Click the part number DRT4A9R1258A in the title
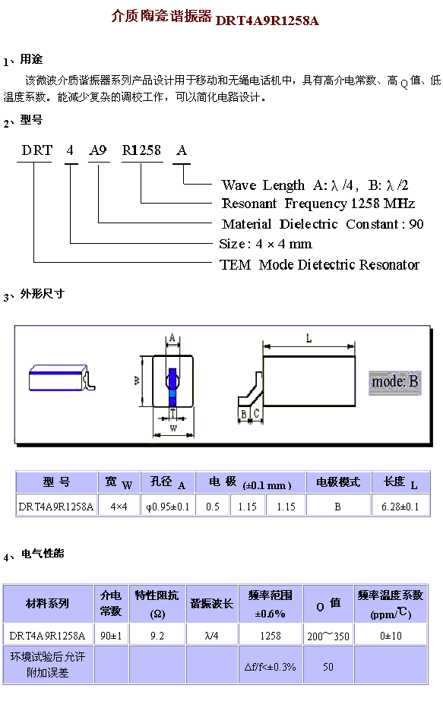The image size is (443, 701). pyautogui.click(x=267, y=20)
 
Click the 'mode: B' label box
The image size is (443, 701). pyautogui.click(x=394, y=382)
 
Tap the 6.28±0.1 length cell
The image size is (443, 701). pyautogui.click(x=400, y=507)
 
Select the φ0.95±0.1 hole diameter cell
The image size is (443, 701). pyautogui.click(x=168, y=507)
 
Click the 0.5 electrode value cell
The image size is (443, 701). pyautogui.click(x=213, y=507)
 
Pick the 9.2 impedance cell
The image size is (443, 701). pyautogui.click(x=157, y=636)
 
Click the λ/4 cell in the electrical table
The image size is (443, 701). pyautogui.click(x=212, y=636)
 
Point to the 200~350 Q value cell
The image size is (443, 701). pyautogui.click(x=328, y=636)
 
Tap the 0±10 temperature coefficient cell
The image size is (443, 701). pyautogui.click(x=391, y=636)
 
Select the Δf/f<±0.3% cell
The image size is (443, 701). pyautogui.click(x=271, y=667)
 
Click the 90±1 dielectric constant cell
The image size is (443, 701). pyautogui.click(x=111, y=636)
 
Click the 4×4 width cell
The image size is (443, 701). pyautogui.click(x=119, y=507)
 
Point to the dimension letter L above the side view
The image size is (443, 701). pyautogui.click(x=309, y=339)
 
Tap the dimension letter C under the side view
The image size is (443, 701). pyautogui.click(x=256, y=413)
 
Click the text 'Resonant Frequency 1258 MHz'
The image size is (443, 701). pyautogui.click(x=318, y=204)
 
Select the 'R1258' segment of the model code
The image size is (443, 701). pyautogui.click(x=141, y=150)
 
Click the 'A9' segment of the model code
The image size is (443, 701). pyautogui.click(x=97, y=150)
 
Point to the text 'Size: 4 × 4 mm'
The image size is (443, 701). pyautogui.click(x=265, y=244)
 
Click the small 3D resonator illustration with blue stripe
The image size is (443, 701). pyautogui.click(x=62, y=378)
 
